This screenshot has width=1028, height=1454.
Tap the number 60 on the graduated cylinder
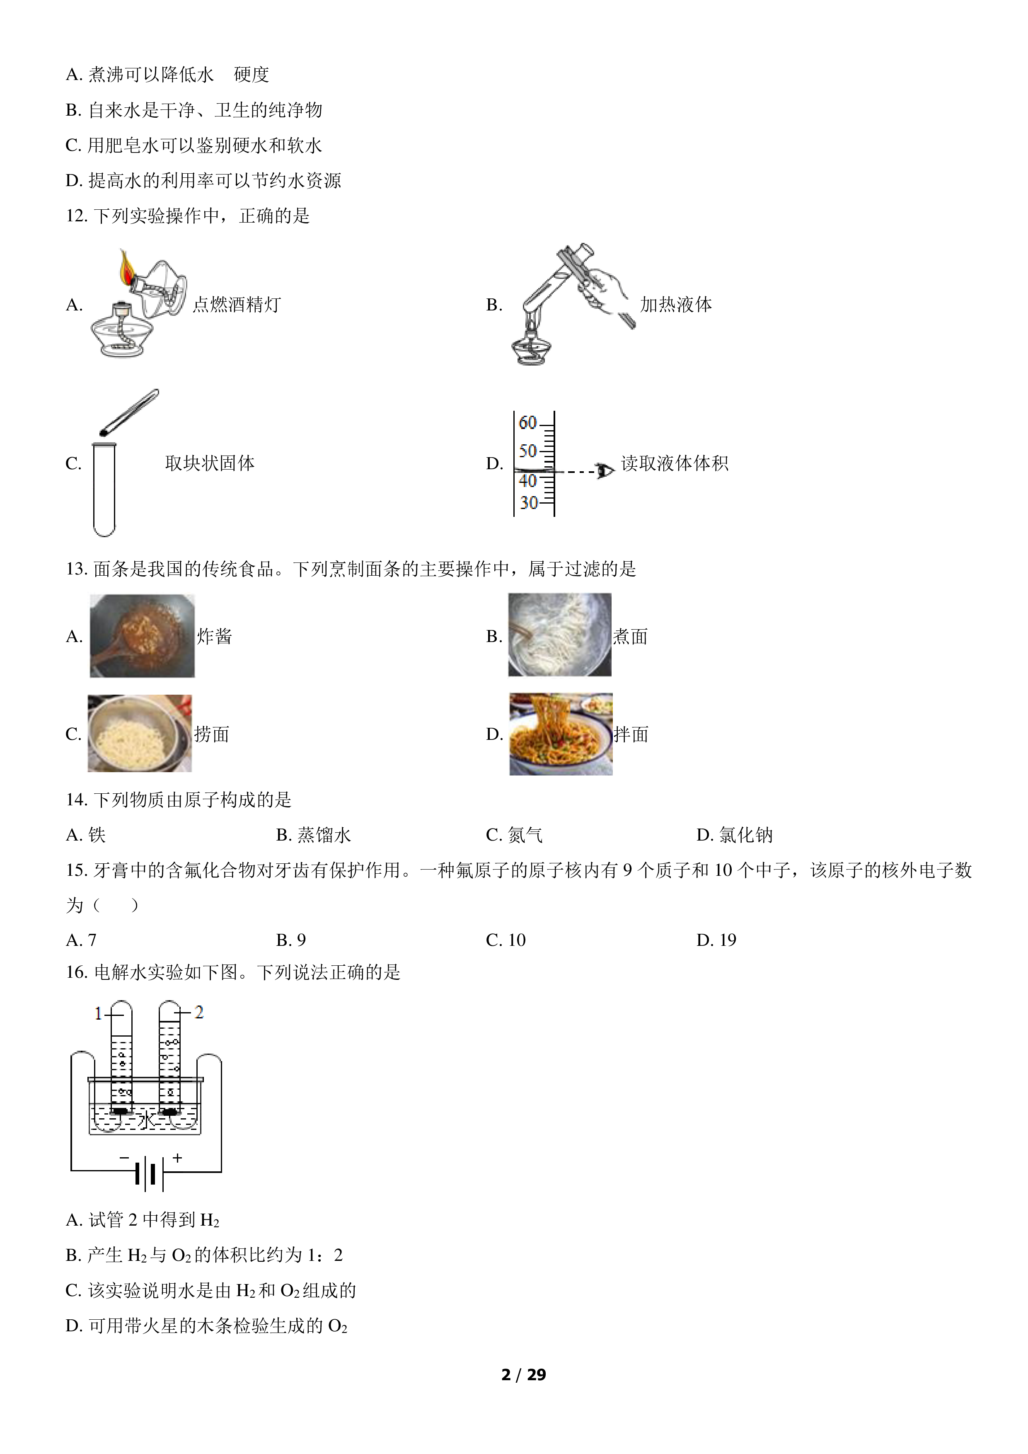[x=527, y=422]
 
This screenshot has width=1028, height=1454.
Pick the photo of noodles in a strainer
[x=140, y=733]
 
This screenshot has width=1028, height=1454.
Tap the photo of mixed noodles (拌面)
[x=561, y=734]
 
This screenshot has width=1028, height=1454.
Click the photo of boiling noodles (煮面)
[x=559, y=635]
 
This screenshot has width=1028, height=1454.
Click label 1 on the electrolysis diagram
[x=98, y=1014]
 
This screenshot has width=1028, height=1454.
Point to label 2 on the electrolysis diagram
[x=199, y=1013]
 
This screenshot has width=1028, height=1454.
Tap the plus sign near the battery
[x=177, y=1158]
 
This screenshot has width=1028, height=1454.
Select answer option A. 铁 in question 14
[x=85, y=835]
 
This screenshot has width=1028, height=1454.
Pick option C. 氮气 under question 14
[x=514, y=835]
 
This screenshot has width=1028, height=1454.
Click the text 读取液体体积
[x=675, y=463]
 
